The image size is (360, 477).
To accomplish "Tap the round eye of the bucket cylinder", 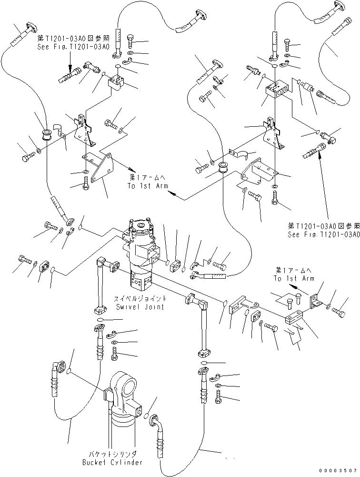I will tap(123, 381).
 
